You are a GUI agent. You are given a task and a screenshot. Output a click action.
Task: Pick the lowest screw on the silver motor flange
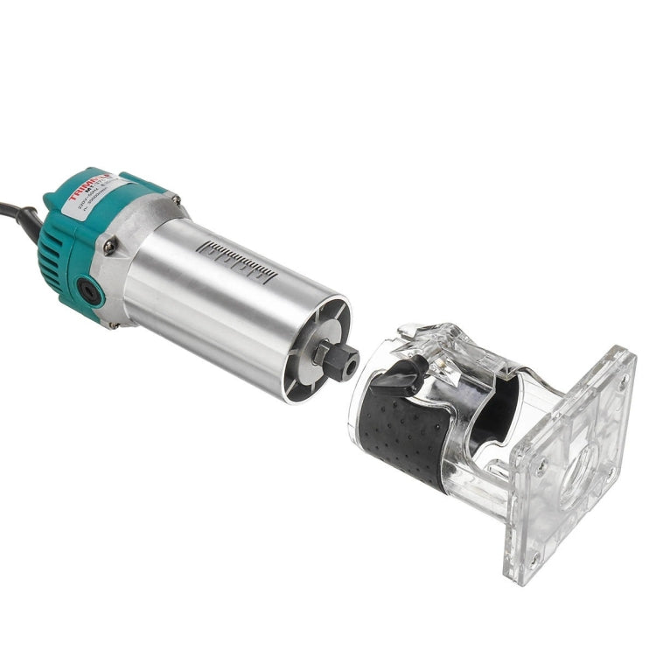point(115,324)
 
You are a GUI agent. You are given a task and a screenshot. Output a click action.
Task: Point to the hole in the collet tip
point(352,363)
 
